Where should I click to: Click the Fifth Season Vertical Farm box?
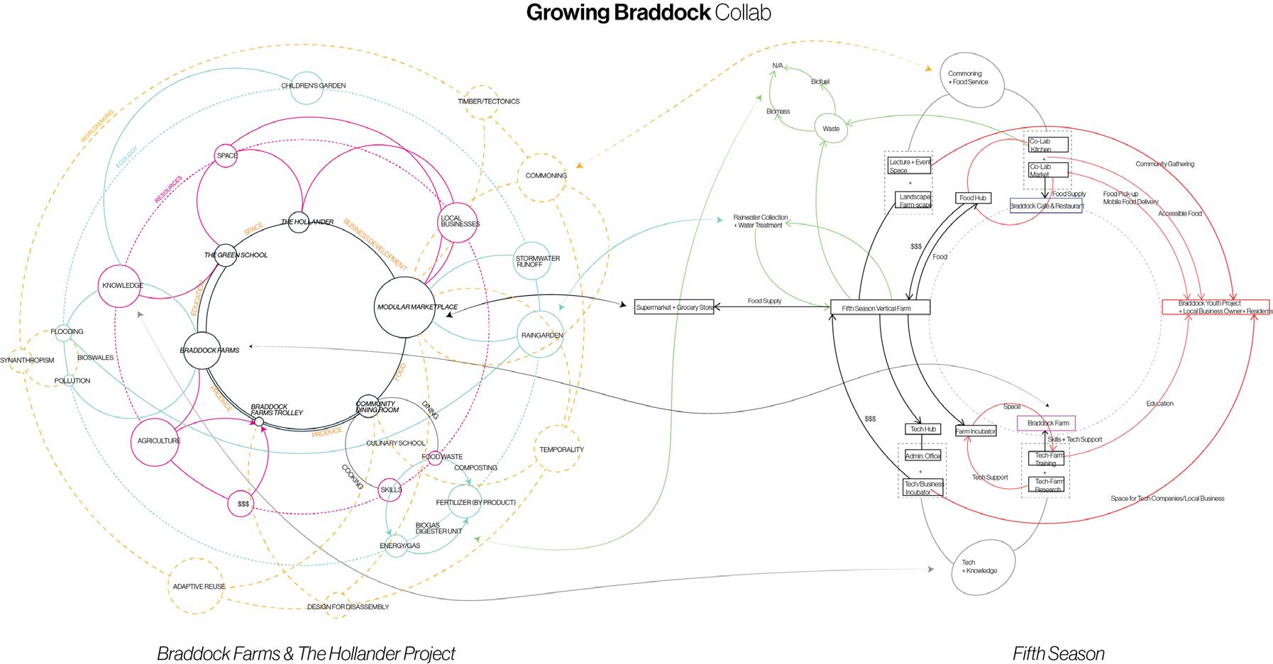(x=880, y=308)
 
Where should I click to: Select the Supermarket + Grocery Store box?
(x=674, y=307)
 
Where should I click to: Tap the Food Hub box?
(x=973, y=198)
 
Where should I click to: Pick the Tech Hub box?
(x=923, y=429)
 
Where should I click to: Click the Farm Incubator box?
(x=976, y=431)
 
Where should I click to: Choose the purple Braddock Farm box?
(x=1047, y=424)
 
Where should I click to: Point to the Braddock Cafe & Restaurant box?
(x=1046, y=206)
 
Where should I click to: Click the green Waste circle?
(x=831, y=128)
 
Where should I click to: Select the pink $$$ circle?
(x=243, y=504)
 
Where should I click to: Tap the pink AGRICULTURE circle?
(x=159, y=441)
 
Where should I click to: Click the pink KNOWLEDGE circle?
(x=122, y=285)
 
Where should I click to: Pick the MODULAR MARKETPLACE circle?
(x=404, y=307)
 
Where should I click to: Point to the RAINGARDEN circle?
(x=541, y=335)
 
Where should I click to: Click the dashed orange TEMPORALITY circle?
(x=561, y=449)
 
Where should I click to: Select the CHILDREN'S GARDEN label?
(x=313, y=86)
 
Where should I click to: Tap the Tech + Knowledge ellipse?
(x=979, y=566)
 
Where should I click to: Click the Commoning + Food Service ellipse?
(x=972, y=78)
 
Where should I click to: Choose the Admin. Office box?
(x=922, y=455)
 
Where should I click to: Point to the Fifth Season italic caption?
(x=1058, y=653)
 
